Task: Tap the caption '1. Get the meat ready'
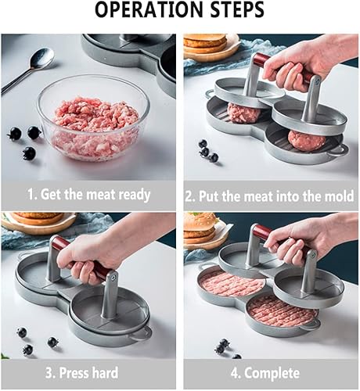(x=89, y=195)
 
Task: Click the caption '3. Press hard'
(x=89, y=374)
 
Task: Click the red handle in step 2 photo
(x=263, y=61)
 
